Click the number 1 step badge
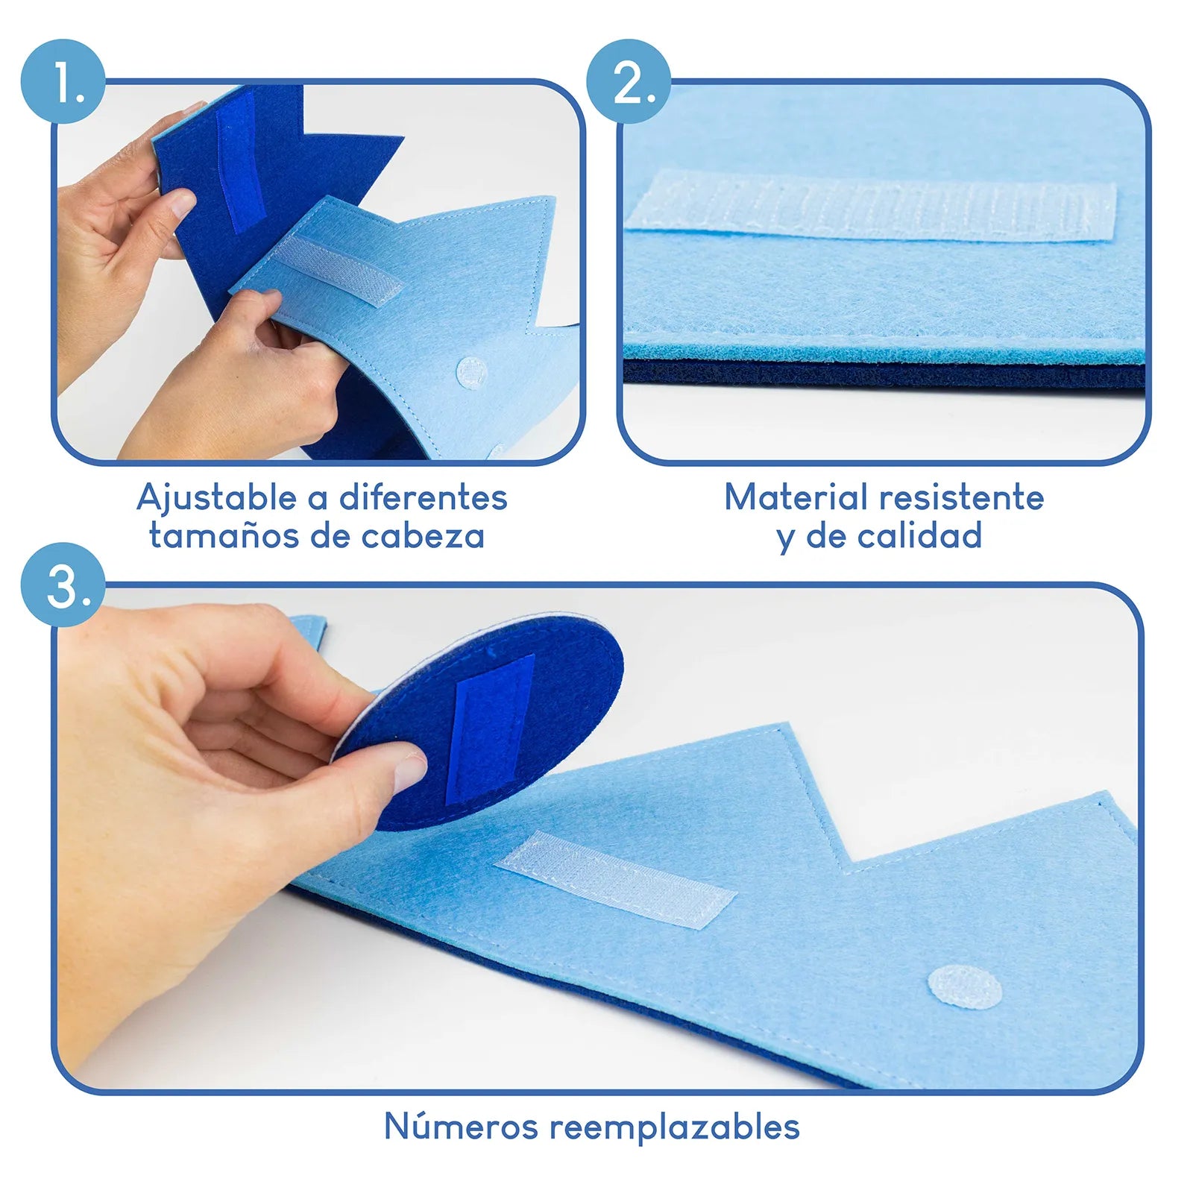[63, 81]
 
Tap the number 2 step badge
[629, 81]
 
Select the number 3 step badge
[63, 585]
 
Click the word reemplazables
[675, 1127]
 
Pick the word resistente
[962, 497]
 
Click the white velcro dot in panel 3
[964, 986]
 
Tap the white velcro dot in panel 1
[471, 371]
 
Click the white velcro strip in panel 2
[871, 205]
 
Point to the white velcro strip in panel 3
[616, 880]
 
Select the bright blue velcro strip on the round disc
[490, 729]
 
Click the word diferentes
[424, 497]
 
